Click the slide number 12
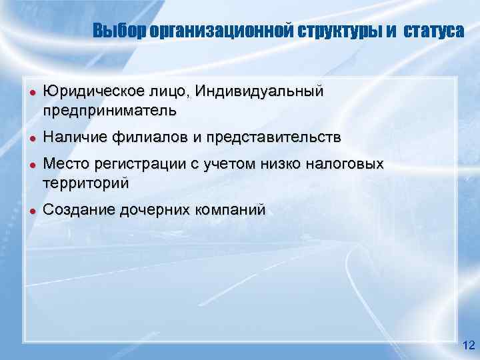[468, 345]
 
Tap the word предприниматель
[110, 109]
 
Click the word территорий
[86, 182]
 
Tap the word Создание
[78, 211]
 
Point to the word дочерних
[154, 211]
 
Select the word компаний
[231, 211]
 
